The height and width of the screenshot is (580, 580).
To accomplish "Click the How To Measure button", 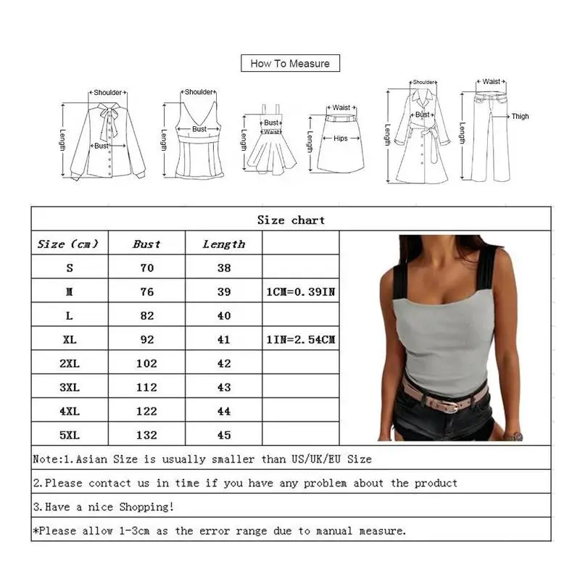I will pos(290,64).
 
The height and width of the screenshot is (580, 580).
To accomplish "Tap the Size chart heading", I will pos(291,220).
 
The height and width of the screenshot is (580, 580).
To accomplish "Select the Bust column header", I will pos(146,244).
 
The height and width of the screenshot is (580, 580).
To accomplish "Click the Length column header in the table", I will pos(223,244).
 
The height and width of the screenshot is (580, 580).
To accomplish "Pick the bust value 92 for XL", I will pos(146,339).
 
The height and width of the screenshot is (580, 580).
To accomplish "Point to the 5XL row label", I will pos(70,435).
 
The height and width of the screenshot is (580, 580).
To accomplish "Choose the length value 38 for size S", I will pos(223,268).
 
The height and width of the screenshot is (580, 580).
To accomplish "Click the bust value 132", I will pos(146,435).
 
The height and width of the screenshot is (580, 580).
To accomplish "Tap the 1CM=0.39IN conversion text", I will pos(299,292).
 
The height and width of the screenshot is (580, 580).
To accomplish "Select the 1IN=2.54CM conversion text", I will pos(299,339).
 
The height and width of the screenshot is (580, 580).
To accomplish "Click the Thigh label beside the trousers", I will pos(521,116).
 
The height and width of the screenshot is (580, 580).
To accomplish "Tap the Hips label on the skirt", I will pos(340,138).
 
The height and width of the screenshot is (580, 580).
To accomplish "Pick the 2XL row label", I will pos(70,363).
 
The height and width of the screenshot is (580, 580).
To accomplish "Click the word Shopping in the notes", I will pos(145,507).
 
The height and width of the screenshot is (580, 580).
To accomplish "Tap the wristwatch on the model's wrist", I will pos(513,436).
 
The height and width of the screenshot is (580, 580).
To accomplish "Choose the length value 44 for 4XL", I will pos(223,411).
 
